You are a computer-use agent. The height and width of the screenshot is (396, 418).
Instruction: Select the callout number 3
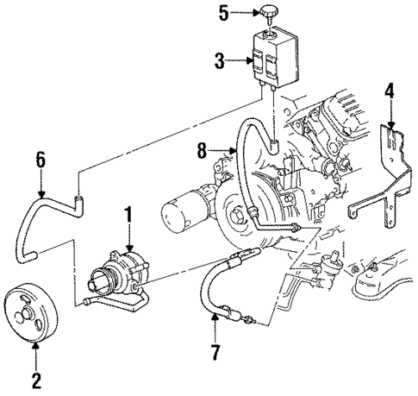pyautogui.click(x=220, y=61)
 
